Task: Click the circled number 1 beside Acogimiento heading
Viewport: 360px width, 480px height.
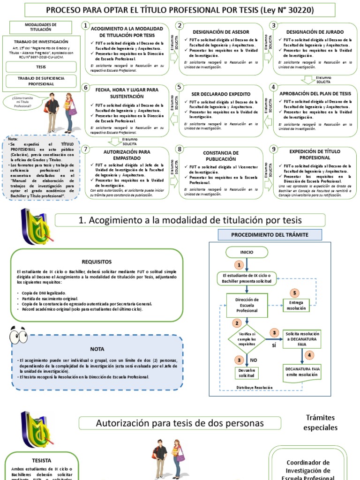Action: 85,26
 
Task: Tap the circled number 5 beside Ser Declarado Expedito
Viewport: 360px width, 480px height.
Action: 179,87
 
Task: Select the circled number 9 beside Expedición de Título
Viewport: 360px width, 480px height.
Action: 273,149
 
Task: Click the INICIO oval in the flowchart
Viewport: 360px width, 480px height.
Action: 247,252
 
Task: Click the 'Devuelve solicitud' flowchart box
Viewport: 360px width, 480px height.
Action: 246,373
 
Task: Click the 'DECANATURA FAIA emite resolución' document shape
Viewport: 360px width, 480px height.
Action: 303,372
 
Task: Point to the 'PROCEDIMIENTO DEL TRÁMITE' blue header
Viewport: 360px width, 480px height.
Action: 270,234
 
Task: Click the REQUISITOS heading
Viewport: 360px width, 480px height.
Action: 97,262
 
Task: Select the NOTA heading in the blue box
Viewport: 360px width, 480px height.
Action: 97,349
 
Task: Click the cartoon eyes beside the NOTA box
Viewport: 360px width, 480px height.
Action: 18,336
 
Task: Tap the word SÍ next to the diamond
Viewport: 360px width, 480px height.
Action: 274,345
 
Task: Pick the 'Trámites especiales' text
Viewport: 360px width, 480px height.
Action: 320,422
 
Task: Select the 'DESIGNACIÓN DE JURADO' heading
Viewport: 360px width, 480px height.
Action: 315,32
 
